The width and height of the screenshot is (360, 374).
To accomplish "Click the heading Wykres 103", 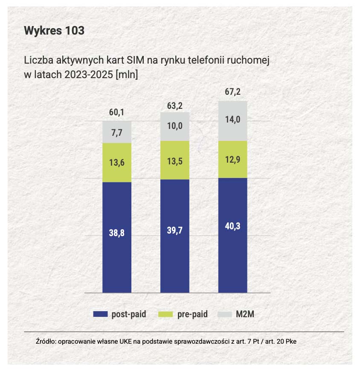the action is pos(54,31).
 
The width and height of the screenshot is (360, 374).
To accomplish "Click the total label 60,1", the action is pos(116,112).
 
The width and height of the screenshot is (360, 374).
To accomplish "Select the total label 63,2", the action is pos(174,105).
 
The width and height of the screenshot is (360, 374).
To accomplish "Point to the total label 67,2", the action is pos(233,92).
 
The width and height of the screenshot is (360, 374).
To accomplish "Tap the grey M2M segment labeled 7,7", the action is pos(117,132).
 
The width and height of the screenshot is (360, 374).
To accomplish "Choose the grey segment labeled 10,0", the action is pos(175,126).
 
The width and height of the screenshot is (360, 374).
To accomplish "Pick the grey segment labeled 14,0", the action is pos(233,121).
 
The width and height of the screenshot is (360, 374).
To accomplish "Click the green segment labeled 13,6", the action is pos(117,162).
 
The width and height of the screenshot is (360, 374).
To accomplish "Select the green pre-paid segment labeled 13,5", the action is pos(175,160).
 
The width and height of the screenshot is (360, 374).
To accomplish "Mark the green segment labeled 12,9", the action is pos(233,159).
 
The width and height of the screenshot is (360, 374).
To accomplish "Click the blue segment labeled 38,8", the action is pos(117,237).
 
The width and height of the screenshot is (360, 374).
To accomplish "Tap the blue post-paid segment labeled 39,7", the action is pos(175,236).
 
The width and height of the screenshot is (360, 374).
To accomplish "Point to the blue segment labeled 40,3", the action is pos(233,235).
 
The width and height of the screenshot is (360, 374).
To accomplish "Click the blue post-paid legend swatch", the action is pos(100,314).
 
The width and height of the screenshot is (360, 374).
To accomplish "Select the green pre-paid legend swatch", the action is pos(165,314).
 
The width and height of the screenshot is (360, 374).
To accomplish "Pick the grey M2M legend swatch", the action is pos(225,314).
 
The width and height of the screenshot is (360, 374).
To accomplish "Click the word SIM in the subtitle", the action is pos(135,60).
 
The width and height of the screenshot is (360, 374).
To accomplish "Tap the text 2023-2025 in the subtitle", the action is pos(88,74).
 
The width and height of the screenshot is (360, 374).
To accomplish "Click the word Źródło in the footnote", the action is pos(46,341).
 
